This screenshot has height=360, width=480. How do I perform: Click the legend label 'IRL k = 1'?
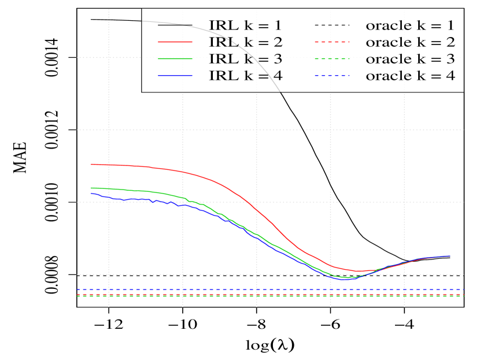[x=246, y=25]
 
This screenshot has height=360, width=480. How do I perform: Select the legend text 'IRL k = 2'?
[x=246, y=42]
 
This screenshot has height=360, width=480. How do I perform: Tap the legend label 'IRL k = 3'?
[x=246, y=59]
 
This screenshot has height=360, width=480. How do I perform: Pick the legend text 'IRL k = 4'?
[x=246, y=76]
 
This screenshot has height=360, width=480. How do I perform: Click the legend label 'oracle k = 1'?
[x=410, y=25]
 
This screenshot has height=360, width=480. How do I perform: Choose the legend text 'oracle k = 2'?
[x=410, y=42]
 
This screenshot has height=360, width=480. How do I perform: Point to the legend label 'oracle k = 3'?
[x=410, y=59]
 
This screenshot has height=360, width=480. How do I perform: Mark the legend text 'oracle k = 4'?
[x=410, y=76]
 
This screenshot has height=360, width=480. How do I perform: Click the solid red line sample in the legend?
[x=172, y=42]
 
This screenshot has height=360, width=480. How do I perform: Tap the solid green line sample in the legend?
[x=172, y=59]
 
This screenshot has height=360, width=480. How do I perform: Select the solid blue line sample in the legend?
[x=172, y=76]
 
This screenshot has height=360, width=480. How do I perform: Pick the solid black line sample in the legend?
[x=172, y=25]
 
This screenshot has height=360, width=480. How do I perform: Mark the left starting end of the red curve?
[x=91, y=165]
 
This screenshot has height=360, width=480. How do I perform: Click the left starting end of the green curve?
[x=91, y=188]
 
